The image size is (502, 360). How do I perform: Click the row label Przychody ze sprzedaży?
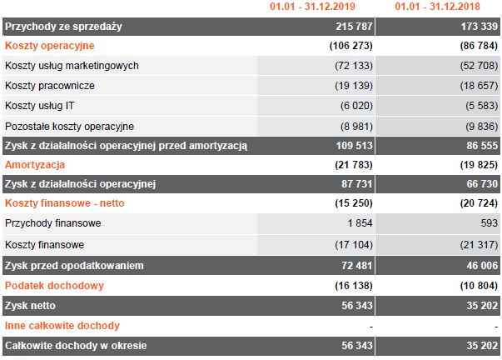[63, 27]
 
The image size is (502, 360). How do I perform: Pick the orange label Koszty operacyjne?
[49, 45]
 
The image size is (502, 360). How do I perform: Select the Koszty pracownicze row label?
[50, 85]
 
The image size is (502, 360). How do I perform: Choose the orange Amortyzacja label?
[36, 166]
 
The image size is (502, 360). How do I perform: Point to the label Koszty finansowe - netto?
[64, 203]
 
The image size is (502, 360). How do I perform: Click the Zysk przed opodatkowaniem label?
[75, 265]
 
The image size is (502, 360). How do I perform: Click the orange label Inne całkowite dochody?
[62, 325]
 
